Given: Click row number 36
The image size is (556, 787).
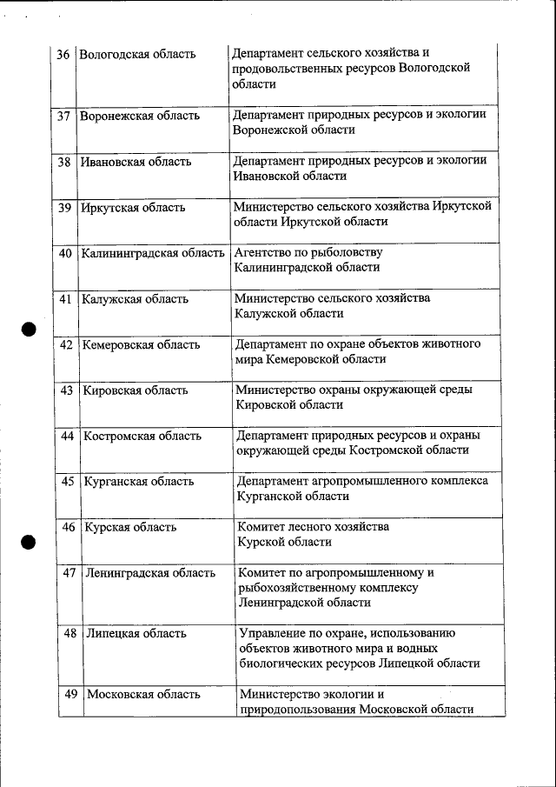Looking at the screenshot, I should pyautogui.click(x=63, y=55).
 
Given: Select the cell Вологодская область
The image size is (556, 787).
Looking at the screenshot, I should pyautogui.click(x=137, y=55).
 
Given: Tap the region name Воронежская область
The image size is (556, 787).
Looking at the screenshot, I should pyautogui.click(x=139, y=116).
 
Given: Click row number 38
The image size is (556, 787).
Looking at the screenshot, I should pyautogui.click(x=64, y=162).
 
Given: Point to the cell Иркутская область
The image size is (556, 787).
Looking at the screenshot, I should pyautogui.click(x=133, y=208).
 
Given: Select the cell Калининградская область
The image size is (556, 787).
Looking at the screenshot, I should pyautogui.click(x=153, y=254).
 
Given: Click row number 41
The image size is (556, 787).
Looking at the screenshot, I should pyautogui.click(x=65, y=299).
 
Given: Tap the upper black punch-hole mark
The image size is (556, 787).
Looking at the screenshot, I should pyautogui.click(x=30, y=330).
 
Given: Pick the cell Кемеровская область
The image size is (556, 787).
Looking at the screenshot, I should pyautogui.click(x=141, y=345).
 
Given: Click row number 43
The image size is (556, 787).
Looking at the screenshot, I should pyautogui.click(x=66, y=390).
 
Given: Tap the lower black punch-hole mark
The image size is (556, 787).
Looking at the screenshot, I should pyautogui.click(x=30, y=542).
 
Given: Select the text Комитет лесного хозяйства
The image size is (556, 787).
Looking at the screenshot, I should pyautogui.click(x=314, y=527).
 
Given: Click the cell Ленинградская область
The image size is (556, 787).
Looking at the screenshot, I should pyautogui.click(x=150, y=573).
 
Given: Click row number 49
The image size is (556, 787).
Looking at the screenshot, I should pyautogui.click(x=71, y=694).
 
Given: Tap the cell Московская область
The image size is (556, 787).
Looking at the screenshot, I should pyautogui.click(x=144, y=695).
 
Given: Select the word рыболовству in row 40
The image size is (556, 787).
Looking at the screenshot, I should pyautogui.click(x=347, y=253).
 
